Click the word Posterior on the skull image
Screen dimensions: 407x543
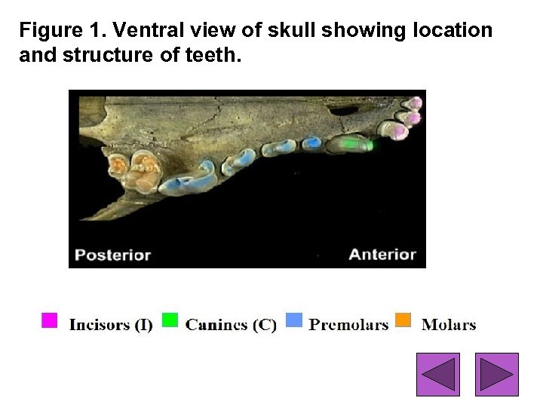(x=112, y=255)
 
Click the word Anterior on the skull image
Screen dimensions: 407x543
(x=382, y=255)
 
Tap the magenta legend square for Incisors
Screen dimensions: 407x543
(x=49, y=320)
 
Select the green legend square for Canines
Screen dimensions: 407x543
(x=170, y=320)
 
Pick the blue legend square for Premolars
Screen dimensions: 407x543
(x=294, y=320)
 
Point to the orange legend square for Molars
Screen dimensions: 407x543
(x=403, y=320)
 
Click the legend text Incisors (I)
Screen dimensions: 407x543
(x=111, y=325)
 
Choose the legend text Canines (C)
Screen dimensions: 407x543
(x=231, y=325)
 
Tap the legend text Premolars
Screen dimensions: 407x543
(x=348, y=325)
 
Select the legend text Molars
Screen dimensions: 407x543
(x=449, y=325)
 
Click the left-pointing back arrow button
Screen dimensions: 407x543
(x=438, y=374)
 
